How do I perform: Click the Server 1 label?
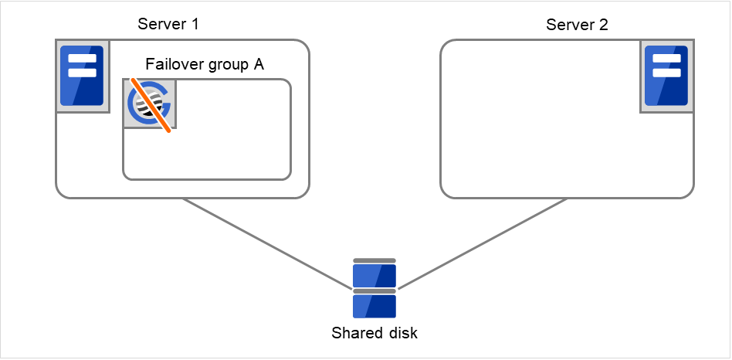pyautogui.click(x=168, y=24)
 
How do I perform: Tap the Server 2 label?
pyautogui.click(x=577, y=25)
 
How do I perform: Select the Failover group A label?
pyautogui.click(x=205, y=65)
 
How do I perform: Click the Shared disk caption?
pyautogui.click(x=374, y=334)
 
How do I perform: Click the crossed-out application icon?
pyautogui.click(x=150, y=104)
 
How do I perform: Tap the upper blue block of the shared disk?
pyautogui.click(x=374, y=276)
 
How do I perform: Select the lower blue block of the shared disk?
pyautogui.click(x=374, y=306)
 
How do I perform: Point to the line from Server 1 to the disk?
pyautogui.click(x=266, y=243)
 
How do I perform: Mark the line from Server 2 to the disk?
pyautogui.click(x=483, y=243)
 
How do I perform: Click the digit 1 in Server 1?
pyautogui.click(x=195, y=24)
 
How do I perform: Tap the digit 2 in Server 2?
pyautogui.click(x=603, y=25)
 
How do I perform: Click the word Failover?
pyautogui.click(x=174, y=65)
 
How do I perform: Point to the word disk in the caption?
pyautogui.click(x=403, y=334)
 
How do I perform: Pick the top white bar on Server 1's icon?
pyautogui.click(x=82, y=59)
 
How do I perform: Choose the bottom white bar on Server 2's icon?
pyautogui.click(x=666, y=73)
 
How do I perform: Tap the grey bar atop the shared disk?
pyautogui.click(x=374, y=261)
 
